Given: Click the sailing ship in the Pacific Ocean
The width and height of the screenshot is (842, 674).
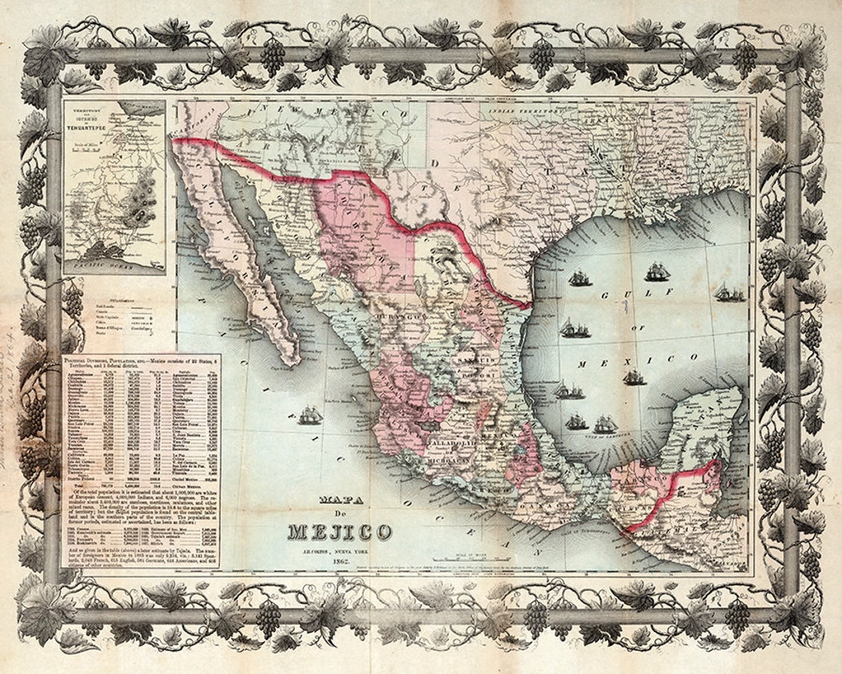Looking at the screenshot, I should (310, 415).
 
